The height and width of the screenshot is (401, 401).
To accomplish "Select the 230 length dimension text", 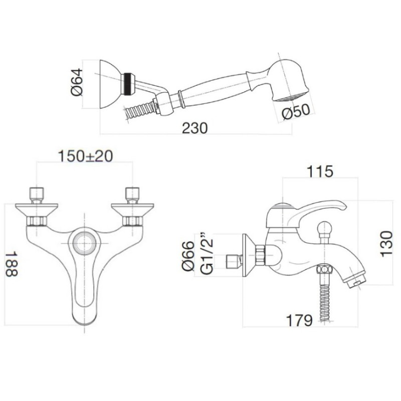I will point(194,128).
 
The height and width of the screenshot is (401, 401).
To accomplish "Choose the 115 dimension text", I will point(319,171).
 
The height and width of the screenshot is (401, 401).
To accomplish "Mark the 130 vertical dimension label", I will point(386,244).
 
